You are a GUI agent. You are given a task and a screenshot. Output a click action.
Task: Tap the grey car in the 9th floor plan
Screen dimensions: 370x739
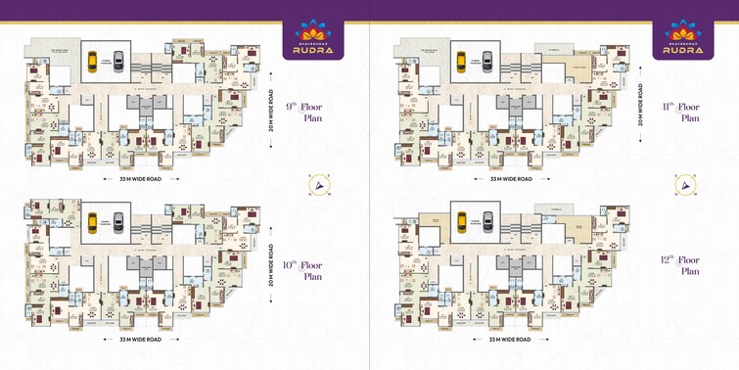[x=117, y=61]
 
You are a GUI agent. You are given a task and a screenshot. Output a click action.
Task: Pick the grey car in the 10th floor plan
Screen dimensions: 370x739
[x=117, y=221]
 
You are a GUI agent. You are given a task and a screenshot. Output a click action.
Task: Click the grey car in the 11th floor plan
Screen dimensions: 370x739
[x=487, y=61]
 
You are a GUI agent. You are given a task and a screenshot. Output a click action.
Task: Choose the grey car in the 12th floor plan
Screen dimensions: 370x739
[x=487, y=221]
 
